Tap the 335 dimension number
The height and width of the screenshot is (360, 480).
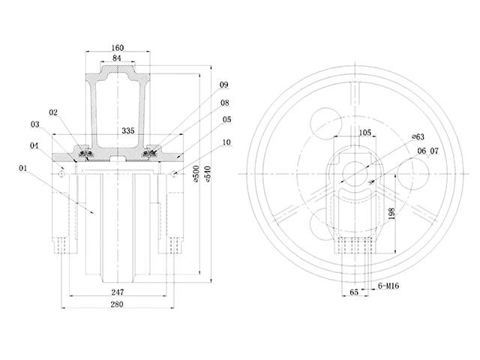[127, 130]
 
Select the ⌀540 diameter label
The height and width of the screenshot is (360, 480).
[207, 173]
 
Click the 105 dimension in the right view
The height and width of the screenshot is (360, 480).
[365, 132]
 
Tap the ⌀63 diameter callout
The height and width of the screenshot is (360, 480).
[418, 137]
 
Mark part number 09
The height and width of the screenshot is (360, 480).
[223, 85]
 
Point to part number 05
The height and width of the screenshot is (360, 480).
[226, 119]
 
